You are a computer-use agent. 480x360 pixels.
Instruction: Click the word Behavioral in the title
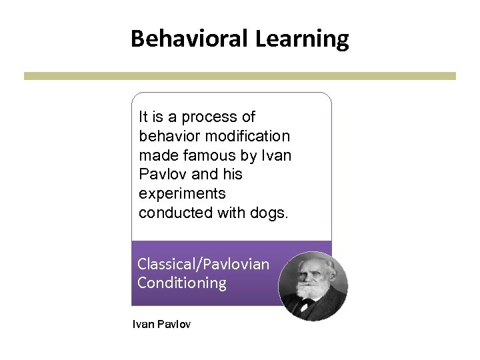(x=190, y=39)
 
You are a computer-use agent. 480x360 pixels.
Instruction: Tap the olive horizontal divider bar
(x=240, y=76)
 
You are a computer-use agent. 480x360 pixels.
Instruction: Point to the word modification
(x=253, y=136)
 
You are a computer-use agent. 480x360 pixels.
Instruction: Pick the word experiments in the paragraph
(x=182, y=194)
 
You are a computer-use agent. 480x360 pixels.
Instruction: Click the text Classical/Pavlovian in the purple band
(x=203, y=264)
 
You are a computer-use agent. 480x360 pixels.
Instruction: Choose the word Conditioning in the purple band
(x=182, y=283)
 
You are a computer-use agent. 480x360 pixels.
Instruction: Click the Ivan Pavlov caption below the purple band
(x=161, y=325)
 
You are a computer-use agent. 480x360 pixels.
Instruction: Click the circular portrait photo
(x=313, y=286)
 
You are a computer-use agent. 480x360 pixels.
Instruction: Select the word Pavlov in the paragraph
(x=161, y=175)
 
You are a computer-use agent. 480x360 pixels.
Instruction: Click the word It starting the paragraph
(x=143, y=117)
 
